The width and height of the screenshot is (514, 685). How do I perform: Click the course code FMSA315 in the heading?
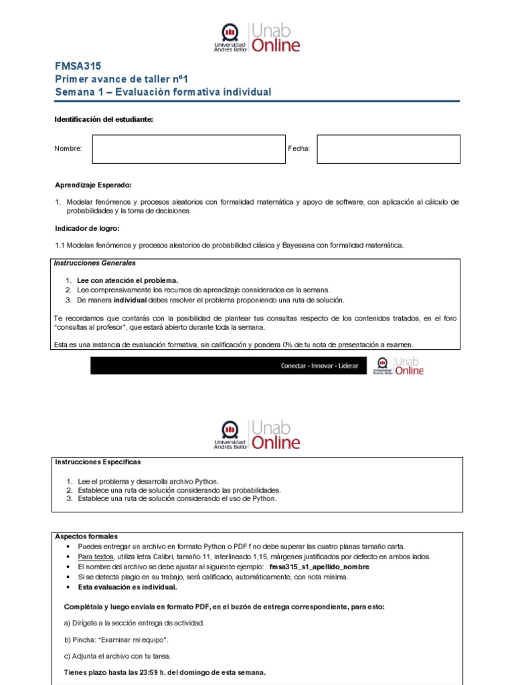pyautogui.click(x=78, y=66)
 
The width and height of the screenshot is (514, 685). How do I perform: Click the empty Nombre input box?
pyautogui.click(x=189, y=149)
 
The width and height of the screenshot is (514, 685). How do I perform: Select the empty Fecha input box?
pyautogui.click(x=388, y=149)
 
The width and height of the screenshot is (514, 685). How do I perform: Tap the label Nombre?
pyautogui.click(x=68, y=149)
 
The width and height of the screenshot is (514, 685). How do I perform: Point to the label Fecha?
pyautogui.click(x=298, y=149)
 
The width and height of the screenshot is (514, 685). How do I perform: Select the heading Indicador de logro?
pyautogui.click(x=86, y=228)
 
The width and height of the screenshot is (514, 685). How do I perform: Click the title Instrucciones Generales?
pyautogui.click(x=94, y=264)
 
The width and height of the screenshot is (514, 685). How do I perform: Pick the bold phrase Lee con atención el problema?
pyautogui.click(x=128, y=280)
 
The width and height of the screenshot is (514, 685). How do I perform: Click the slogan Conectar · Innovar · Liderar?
pyautogui.click(x=319, y=366)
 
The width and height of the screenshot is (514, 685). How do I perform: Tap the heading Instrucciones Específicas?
pyautogui.click(x=98, y=462)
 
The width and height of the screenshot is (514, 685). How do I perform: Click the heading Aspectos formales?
pyautogui.click(x=86, y=536)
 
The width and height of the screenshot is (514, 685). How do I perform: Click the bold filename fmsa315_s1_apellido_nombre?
pyautogui.click(x=319, y=567)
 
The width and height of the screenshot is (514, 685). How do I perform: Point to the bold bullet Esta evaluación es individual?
pyautogui.click(x=127, y=587)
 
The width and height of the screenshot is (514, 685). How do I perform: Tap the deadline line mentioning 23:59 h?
pyautogui.click(x=165, y=672)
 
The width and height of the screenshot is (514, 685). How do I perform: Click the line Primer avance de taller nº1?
pyautogui.click(x=122, y=79)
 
